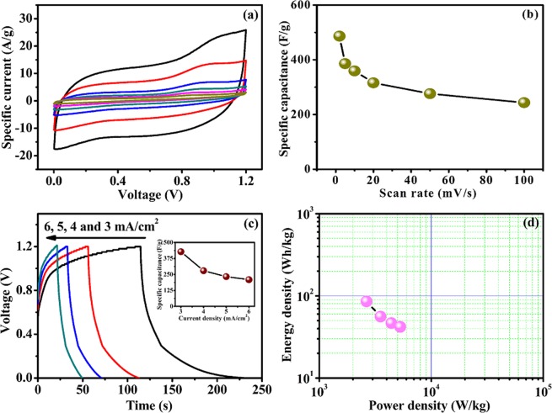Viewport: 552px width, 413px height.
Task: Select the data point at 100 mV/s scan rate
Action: coord(523,103)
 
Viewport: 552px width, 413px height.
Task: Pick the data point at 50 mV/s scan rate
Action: coord(430,93)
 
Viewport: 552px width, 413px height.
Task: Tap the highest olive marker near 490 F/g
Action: coord(340,36)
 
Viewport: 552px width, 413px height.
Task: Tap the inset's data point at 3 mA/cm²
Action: coord(180,252)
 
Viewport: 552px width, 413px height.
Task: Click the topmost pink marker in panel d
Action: coord(367,301)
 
